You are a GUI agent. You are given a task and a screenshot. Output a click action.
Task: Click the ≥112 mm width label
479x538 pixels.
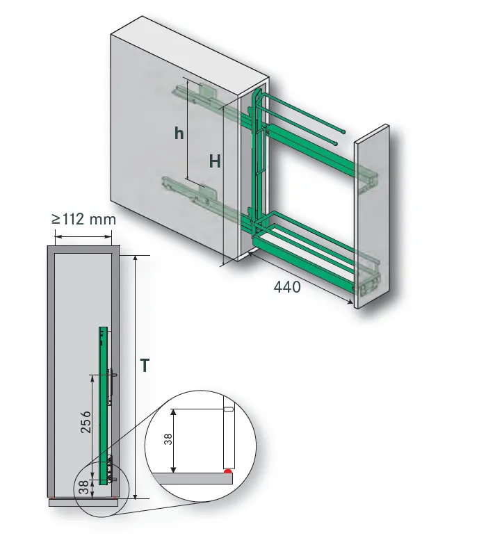click(x=83, y=219)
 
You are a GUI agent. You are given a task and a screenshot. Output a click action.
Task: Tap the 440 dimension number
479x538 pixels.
click(x=287, y=286)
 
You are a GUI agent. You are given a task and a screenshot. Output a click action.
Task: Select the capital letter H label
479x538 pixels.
click(x=216, y=161)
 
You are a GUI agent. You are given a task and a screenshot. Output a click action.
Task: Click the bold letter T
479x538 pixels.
click(x=145, y=366)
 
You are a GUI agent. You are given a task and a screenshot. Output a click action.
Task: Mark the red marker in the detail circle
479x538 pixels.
click(x=227, y=471)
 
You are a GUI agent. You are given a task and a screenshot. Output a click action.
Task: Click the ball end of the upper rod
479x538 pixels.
click(x=345, y=130)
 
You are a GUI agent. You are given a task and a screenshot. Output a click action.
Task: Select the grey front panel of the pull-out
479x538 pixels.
click(x=371, y=215)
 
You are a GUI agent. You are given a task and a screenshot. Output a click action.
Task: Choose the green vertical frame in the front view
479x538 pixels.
click(x=102, y=403)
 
